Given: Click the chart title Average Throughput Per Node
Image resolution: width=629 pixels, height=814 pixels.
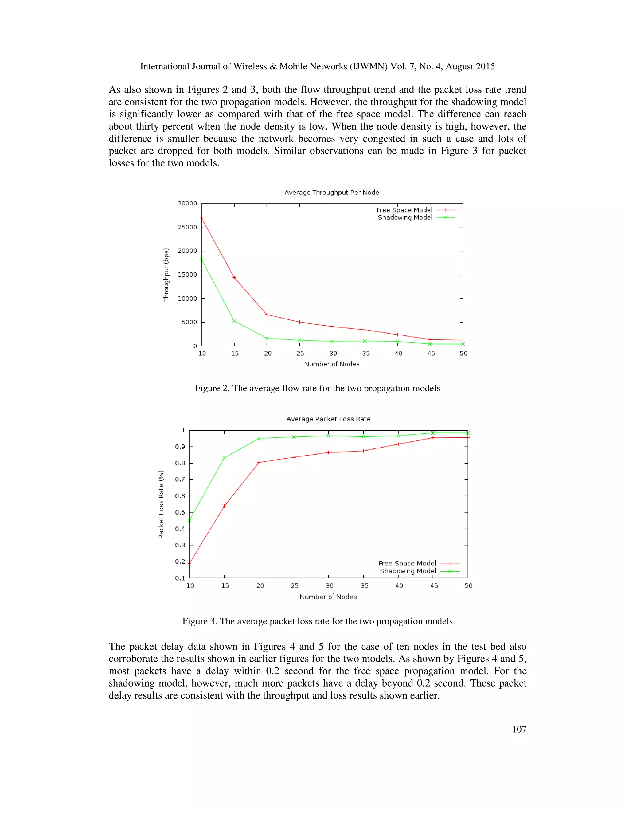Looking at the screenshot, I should pos(332,192).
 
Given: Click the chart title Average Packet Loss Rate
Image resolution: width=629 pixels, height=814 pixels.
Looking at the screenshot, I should pos(328,419).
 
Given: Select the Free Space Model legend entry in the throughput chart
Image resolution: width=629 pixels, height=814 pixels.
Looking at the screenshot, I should pos(404,210).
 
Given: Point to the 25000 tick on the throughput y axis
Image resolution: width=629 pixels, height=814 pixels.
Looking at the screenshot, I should pos(187,227).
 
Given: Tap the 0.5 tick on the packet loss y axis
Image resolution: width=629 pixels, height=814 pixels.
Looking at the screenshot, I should pos(180,512).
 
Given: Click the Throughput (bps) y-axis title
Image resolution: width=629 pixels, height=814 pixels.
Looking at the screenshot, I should pos(166,275).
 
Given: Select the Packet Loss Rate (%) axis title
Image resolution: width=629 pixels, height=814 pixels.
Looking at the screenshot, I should pos(161,504).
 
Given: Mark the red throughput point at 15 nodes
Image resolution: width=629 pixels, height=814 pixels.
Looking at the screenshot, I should pos(234,277).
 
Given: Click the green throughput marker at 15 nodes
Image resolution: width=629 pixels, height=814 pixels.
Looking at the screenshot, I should pos(234,321).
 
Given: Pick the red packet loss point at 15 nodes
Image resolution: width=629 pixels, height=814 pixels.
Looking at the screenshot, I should pos(224,506).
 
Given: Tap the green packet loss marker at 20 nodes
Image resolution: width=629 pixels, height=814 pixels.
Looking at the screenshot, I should pos(259,438).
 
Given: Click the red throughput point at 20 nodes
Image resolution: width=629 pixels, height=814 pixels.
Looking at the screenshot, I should pos(266,315).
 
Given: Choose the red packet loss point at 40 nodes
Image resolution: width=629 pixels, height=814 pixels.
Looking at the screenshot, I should pos(398,444).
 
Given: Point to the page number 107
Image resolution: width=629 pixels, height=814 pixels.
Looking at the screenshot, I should pos(519,730).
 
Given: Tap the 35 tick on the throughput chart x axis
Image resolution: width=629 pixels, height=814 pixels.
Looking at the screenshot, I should pos(365,353).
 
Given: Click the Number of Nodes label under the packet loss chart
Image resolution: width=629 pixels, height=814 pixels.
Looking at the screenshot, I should pos(328,597).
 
